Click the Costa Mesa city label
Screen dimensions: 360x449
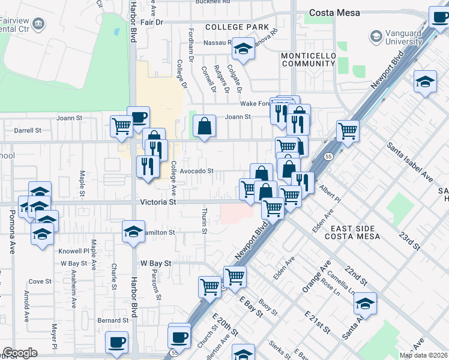(334, 13)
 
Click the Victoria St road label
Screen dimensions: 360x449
(158, 203)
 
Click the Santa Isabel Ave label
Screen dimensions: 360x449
(410, 162)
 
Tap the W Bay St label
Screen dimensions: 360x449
(156, 263)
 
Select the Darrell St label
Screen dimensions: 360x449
(28, 130)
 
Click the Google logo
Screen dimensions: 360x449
(20, 353)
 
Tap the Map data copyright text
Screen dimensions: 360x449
(423, 355)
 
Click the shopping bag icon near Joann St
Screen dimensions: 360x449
(205, 126)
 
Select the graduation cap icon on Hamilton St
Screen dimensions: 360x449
(133, 231)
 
